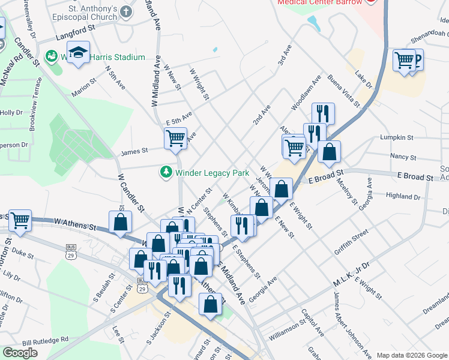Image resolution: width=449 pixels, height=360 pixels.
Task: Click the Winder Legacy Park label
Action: (212, 173)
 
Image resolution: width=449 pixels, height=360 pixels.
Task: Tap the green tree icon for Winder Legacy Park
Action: (166, 173)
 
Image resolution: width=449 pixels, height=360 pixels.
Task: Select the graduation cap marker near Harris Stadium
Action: (78, 53)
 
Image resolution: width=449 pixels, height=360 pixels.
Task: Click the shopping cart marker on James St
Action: (175, 139)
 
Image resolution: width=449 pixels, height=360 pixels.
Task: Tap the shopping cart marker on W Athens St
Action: (20, 221)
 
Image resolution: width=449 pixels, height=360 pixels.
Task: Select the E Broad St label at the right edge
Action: (415, 178)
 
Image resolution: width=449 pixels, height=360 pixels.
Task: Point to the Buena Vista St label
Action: (343, 91)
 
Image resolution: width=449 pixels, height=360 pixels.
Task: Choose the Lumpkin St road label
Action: (397, 137)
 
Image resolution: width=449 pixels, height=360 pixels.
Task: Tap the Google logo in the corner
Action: (20, 353)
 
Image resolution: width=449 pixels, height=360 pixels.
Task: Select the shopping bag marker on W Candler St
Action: (120, 221)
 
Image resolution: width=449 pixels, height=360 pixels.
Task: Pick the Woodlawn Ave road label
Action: (307, 92)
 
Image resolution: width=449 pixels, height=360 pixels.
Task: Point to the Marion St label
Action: (84, 88)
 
